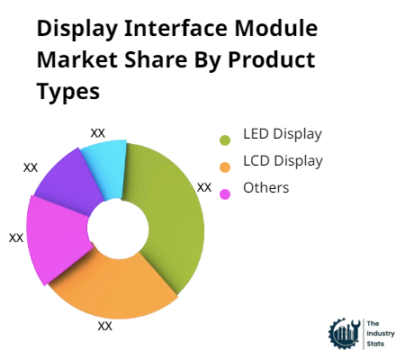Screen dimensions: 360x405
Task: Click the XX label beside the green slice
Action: (204, 187)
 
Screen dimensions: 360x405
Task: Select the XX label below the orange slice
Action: (105, 326)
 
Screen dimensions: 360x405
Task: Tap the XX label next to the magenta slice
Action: (16, 238)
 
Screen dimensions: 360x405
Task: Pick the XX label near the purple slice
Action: (31, 167)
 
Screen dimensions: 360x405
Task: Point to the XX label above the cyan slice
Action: (98, 132)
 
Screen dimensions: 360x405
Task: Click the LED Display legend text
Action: (283, 135)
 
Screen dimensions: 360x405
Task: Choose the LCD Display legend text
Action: (283, 161)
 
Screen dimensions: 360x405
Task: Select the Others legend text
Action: (266, 187)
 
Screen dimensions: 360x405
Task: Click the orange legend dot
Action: (225, 166)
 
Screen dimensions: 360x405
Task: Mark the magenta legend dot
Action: (225, 192)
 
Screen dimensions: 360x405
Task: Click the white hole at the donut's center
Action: (116, 228)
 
